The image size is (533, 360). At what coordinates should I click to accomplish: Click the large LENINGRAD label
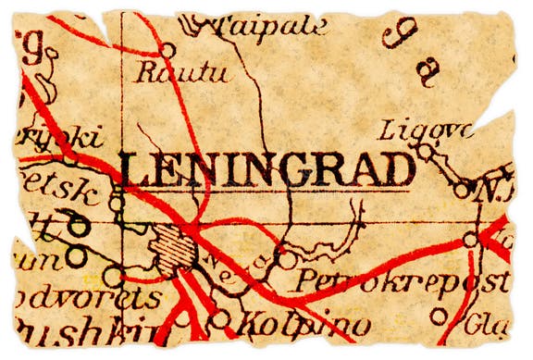tap(266, 169)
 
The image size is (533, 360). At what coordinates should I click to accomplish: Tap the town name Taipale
tap(269, 26)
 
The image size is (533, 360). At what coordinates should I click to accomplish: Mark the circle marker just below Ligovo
tap(425, 151)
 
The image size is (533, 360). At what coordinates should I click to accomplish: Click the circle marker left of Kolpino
tap(220, 319)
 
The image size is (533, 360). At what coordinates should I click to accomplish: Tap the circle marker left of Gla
tap(438, 317)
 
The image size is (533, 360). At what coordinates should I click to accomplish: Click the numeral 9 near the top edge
tap(399, 35)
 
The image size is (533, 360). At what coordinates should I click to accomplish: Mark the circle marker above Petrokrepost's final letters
tap(470, 240)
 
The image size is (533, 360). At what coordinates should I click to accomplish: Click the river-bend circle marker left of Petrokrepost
tap(288, 260)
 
